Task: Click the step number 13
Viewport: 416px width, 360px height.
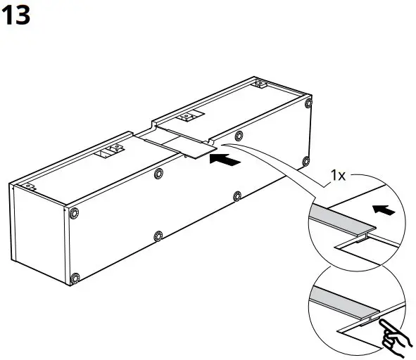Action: click(17, 15)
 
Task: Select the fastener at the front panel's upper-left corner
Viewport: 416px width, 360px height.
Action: click(74, 212)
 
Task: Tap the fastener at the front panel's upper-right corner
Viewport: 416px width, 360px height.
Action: click(308, 105)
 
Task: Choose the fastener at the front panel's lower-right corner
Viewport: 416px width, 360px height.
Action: click(305, 160)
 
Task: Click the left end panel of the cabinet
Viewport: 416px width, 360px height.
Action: click(39, 232)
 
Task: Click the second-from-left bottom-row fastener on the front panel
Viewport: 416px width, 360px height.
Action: click(157, 235)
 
